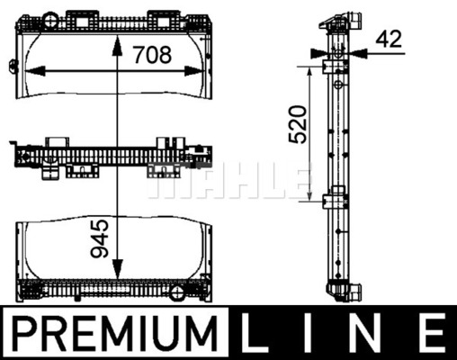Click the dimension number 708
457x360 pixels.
point(153,55)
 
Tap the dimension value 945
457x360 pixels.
point(100,238)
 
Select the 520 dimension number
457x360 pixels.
point(298,124)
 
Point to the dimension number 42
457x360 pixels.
point(389,39)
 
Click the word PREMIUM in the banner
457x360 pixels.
point(114,333)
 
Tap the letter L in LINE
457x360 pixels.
point(255,333)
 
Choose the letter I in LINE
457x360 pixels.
point(309,333)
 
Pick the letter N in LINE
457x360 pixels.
point(367,333)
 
